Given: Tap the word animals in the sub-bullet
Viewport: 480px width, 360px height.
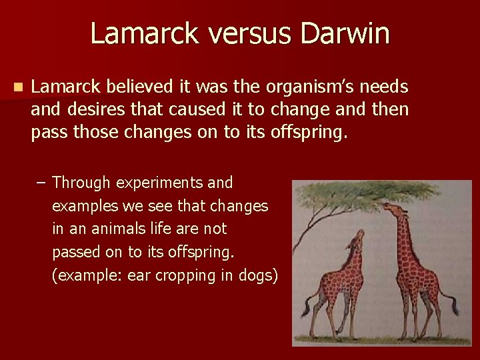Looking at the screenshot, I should tap(122, 229).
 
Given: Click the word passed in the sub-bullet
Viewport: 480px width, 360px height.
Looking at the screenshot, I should tap(75, 252).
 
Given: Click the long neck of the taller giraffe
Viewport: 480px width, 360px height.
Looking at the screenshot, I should tap(403, 233).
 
